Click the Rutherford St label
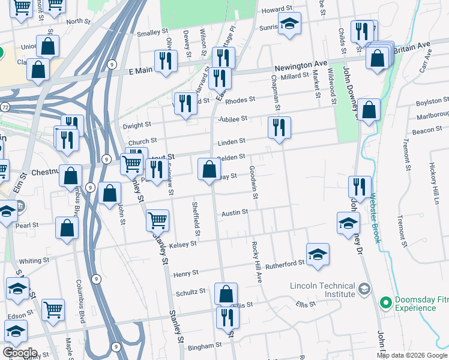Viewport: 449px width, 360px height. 286,264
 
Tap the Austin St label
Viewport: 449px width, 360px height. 235,213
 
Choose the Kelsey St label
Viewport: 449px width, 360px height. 183,244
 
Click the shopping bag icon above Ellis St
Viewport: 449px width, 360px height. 226,293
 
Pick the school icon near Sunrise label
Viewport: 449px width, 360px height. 289,25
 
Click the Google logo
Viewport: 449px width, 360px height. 19,352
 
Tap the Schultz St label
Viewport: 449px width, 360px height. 191,292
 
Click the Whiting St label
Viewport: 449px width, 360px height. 34,261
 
